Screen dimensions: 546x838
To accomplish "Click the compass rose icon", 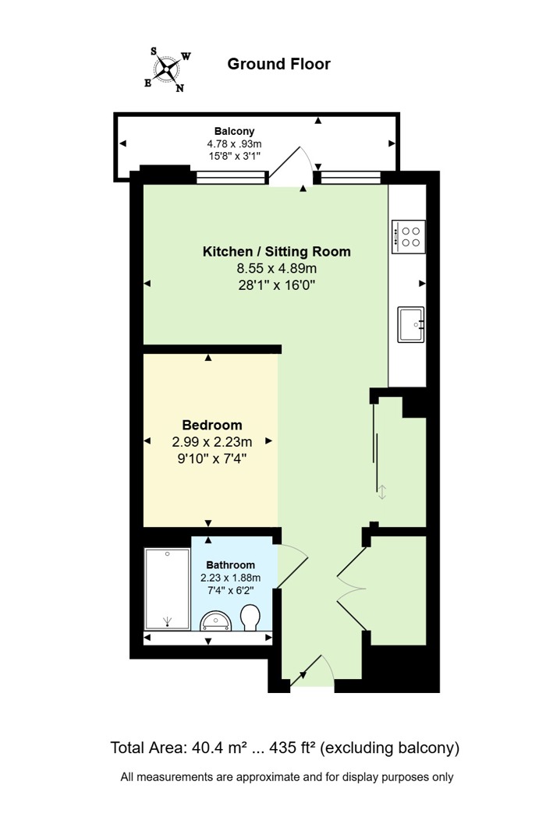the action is pos(168,69).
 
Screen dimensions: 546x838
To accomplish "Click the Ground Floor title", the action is pos(278,64).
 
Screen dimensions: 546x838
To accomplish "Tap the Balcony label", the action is pos(234,131).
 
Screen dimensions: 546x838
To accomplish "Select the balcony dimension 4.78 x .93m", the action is pos(234,143).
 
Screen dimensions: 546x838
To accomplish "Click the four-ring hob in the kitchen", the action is pos(409,237).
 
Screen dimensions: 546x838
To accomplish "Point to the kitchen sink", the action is pos(411,324).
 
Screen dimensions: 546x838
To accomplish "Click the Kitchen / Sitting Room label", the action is pos(276,252).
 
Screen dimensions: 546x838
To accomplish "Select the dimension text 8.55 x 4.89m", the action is pos(277,268).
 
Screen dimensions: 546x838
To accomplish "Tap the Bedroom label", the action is pos(212,426).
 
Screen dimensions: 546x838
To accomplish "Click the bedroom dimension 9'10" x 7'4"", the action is pos(211,458).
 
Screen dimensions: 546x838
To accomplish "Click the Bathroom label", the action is pos(230,565).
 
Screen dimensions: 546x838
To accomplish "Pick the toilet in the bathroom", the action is pos(250,617).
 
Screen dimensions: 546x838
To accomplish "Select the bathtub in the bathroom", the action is pos(168,589).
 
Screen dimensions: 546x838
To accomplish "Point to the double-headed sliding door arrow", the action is pos(382,492).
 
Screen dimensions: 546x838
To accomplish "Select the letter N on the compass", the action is pos(180,88).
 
